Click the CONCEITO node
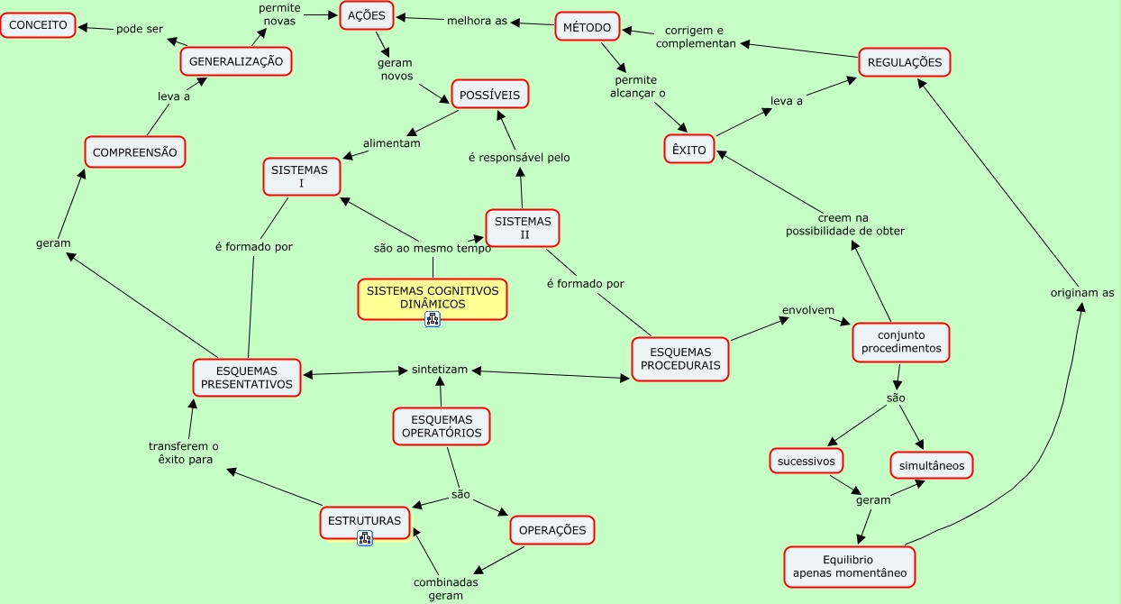point(38,25)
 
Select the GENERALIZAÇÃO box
point(236,61)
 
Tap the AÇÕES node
point(367,16)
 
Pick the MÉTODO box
point(587,28)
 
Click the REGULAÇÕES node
point(904,62)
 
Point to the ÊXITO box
point(689,150)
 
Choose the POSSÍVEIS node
point(489,95)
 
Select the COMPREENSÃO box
point(134,152)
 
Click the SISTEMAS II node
point(523,228)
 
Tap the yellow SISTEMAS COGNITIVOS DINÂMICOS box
point(433,297)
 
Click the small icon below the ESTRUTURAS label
point(365,538)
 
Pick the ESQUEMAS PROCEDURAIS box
point(680,359)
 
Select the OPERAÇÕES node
point(552,530)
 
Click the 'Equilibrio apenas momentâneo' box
point(850,566)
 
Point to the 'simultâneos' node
point(932,465)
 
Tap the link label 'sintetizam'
point(440,370)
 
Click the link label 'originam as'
point(1082,292)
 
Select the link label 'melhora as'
point(478,21)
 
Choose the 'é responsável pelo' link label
point(519,158)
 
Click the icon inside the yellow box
point(433,318)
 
